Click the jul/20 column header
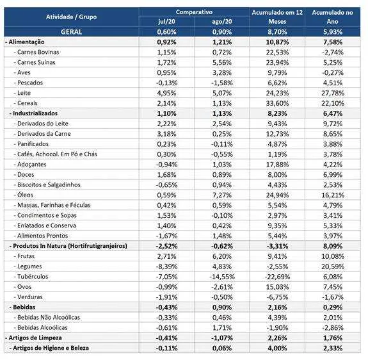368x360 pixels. point(166,22)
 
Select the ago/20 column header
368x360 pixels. point(222,22)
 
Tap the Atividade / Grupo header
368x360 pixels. point(71,17)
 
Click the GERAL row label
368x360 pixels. point(71,32)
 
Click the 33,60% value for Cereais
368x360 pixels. point(277,103)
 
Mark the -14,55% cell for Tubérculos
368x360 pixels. point(222,277)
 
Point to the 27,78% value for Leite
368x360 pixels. point(333,93)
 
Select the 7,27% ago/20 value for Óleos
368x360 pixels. point(222,195)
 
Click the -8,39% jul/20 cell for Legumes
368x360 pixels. point(166,266)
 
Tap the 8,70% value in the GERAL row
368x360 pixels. point(277,32)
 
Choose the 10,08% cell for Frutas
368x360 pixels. point(333,256)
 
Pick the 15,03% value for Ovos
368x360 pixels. point(277,287)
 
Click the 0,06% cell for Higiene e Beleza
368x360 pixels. point(222,348)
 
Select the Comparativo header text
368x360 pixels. point(194,12)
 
